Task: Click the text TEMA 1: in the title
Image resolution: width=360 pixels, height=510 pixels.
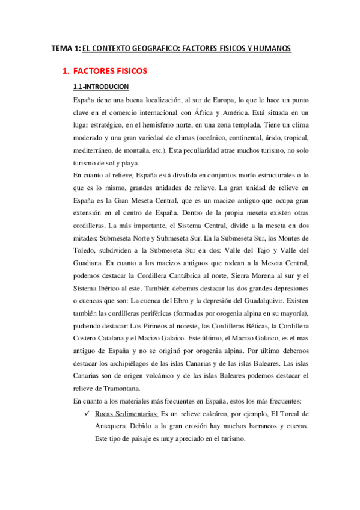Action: [65, 48]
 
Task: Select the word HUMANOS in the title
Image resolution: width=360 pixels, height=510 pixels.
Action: [270, 48]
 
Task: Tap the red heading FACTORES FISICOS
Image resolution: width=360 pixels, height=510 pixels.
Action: [109, 72]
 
